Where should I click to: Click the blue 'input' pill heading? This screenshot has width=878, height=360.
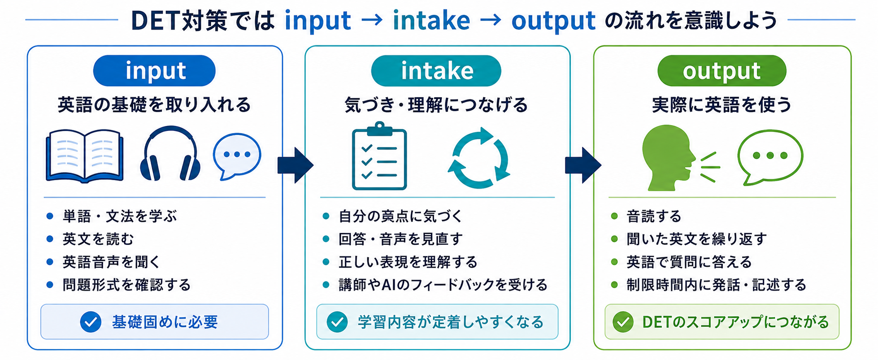(154, 70)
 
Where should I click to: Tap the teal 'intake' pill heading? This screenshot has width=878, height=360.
(436, 70)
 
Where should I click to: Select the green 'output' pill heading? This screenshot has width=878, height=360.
(722, 70)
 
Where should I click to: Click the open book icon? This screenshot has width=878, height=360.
(85, 156)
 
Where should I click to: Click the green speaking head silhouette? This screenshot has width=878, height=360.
(668, 157)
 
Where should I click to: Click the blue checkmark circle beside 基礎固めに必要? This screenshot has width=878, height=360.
(91, 322)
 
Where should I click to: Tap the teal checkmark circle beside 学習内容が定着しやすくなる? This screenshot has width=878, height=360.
(337, 322)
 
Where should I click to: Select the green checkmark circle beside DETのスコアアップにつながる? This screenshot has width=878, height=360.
(623, 322)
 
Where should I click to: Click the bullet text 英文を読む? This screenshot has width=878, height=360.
(98, 239)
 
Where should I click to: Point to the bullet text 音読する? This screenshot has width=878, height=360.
(654, 216)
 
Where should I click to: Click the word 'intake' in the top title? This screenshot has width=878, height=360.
(431, 20)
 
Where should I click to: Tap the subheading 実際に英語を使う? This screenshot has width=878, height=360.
(722, 104)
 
